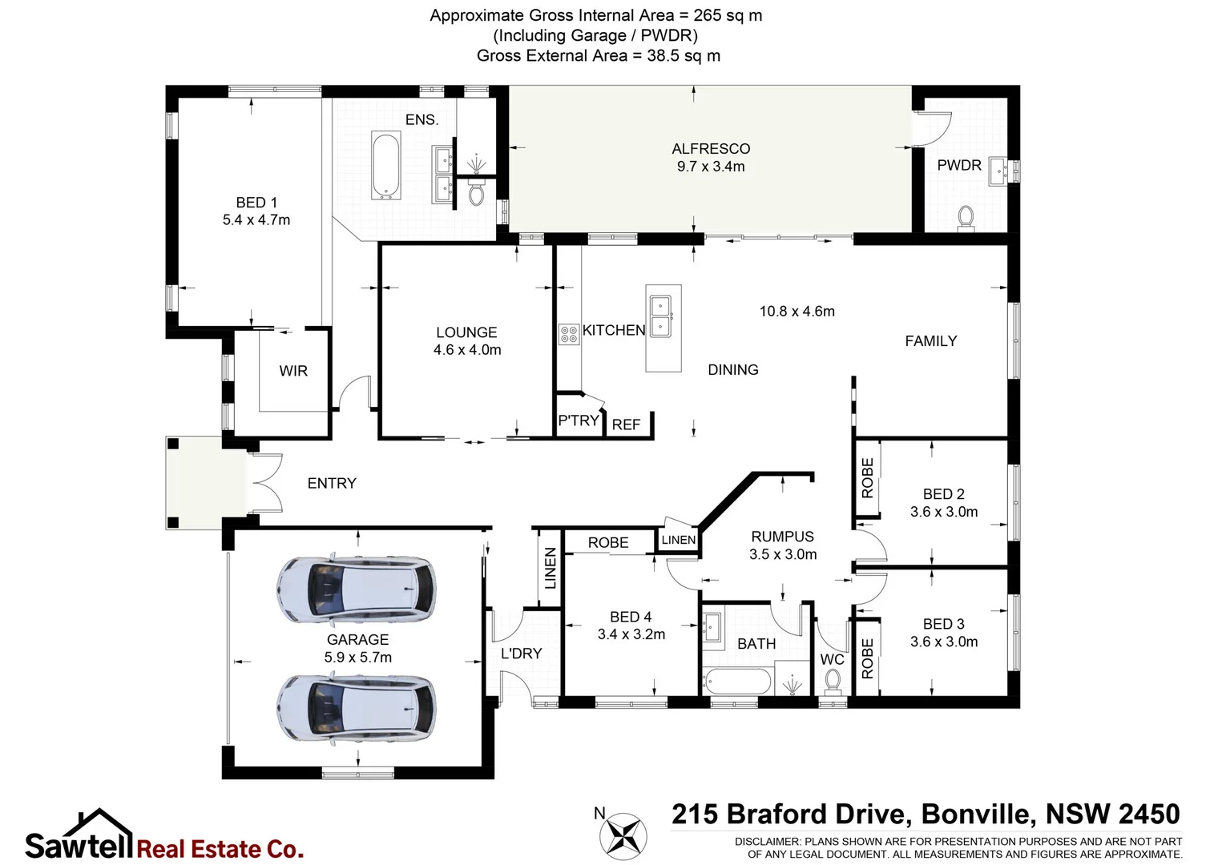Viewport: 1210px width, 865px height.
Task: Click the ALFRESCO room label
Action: click(x=711, y=149)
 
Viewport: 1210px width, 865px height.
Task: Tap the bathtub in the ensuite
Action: click(x=386, y=166)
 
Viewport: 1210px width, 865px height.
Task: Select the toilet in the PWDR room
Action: click(x=966, y=217)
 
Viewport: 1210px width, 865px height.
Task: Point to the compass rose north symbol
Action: click(x=623, y=835)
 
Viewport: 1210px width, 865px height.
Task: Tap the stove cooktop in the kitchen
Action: click(x=568, y=334)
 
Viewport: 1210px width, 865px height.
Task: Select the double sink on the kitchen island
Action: click(x=661, y=316)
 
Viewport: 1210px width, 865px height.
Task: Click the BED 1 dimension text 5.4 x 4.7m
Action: click(x=256, y=220)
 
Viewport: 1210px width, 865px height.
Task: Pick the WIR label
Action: click(x=293, y=371)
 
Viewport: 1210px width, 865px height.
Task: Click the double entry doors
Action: click(x=266, y=482)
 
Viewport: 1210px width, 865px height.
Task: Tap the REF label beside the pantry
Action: click(x=626, y=425)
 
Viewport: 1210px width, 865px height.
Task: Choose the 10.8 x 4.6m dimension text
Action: click(x=797, y=312)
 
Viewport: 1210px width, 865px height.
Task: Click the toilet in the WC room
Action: click(x=833, y=682)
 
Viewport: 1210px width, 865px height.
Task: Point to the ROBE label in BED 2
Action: click(x=867, y=478)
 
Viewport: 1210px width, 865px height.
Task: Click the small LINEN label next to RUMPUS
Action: click(x=679, y=541)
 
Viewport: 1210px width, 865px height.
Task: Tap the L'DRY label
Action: click(x=521, y=654)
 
